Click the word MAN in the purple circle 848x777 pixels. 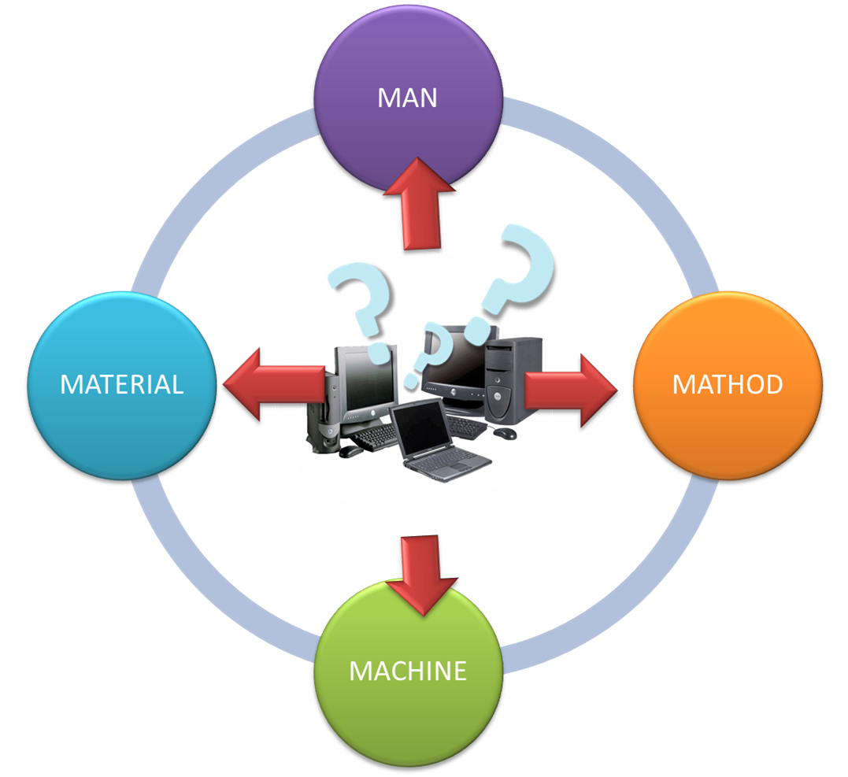[407, 98]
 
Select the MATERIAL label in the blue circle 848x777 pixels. [122, 384]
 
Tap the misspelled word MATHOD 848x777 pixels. [728, 384]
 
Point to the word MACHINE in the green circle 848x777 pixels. [408, 671]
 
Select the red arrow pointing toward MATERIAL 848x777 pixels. [268, 383]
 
